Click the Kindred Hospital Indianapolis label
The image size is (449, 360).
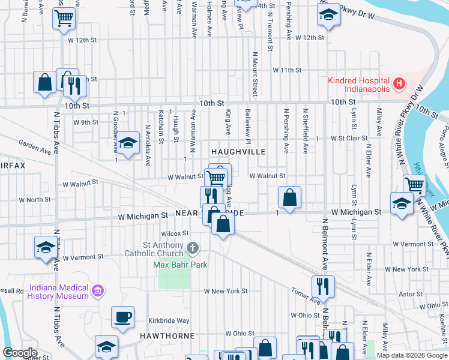click(x=358, y=85)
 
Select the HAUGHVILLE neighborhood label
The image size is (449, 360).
click(x=237, y=152)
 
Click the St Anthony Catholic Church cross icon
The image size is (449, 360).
click(x=193, y=247)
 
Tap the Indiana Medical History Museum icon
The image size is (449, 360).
click(x=98, y=292)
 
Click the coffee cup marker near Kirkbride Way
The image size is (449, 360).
click(x=122, y=317)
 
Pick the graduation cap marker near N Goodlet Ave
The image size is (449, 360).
click(x=127, y=143)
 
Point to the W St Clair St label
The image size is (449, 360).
click(x=349, y=139)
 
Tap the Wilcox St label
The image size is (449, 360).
click(x=175, y=233)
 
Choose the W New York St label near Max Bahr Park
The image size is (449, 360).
click(x=226, y=291)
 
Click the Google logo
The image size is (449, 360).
click(x=20, y=353)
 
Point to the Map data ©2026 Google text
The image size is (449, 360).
click(x=411, y=355)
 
